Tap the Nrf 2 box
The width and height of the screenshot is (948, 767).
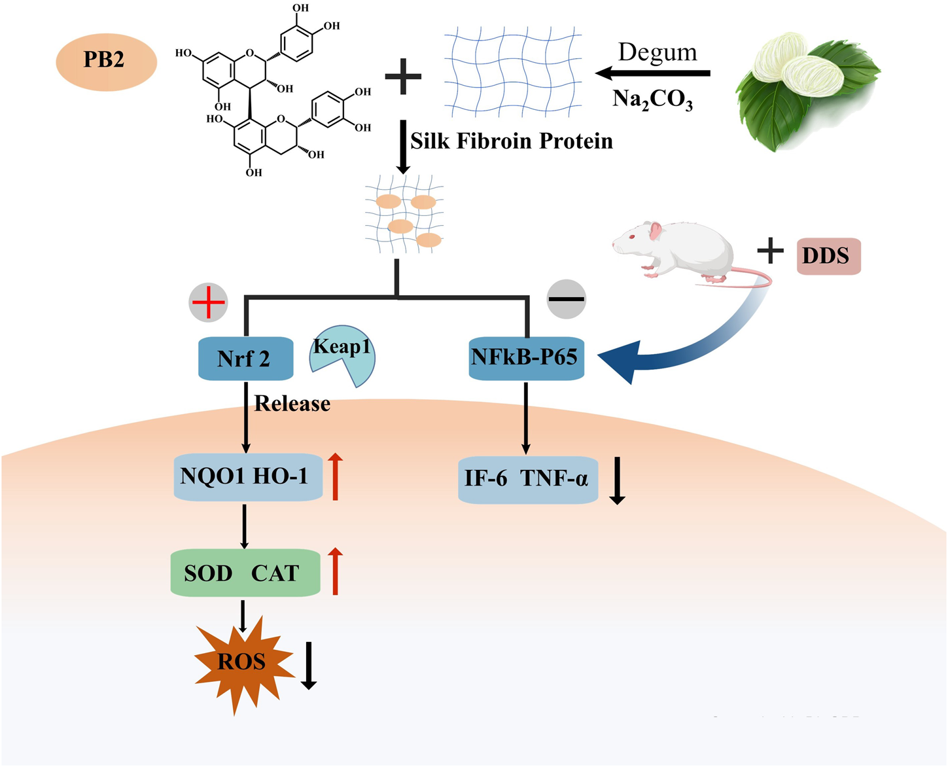coord(245,359)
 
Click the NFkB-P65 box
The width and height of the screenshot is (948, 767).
coord(526,357)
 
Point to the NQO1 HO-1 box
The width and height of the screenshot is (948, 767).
coord(247,477)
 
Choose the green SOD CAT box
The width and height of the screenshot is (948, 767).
coord(245,573)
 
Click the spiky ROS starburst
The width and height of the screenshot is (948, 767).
coord(243,662)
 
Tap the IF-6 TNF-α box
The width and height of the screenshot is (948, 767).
coord(527,480)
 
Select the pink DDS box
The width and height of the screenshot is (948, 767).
coord(828,256)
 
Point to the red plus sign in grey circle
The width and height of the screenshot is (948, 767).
coord(208,302)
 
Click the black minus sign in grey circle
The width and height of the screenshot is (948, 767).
coord(566,300)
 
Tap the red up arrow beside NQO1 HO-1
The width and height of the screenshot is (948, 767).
coord(335,476)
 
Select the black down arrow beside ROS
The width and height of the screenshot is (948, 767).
coord(309,665)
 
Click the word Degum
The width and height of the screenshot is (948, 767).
coord(658,52)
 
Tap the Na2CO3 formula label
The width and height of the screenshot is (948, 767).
coord(652,99)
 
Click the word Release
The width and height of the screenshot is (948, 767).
coord(292,404)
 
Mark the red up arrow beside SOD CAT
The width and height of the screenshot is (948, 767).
coord(335,572)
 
